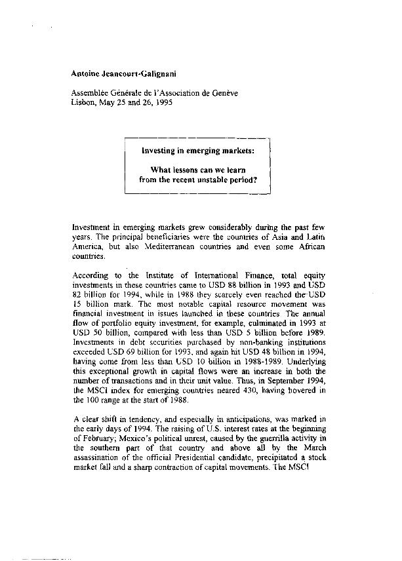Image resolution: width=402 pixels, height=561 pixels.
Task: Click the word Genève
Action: [x=224, y=93]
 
